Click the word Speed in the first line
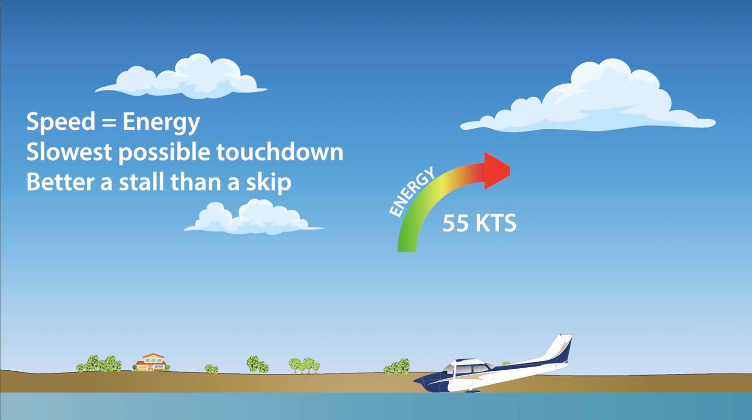click(x=61, y=122)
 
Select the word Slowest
click(x=69, y=152)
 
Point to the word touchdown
click(x=280, y=152)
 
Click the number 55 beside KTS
click(x=455, y=223)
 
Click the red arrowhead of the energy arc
click(x=497, y=171)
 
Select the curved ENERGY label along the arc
click(x=411, y=191)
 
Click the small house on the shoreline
click(x=152, y=362)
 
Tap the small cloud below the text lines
click(x=254, y=217)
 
